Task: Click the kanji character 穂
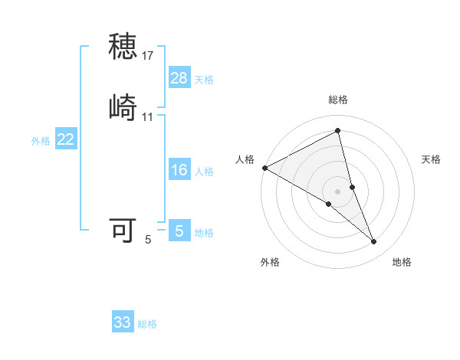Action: coord(123,47)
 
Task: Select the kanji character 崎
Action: coord(123,107)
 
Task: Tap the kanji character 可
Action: coord(123,230)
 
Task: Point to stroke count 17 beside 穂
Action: coord(148,56)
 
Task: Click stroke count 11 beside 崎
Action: coord(148,117)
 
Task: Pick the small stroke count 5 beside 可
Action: coord(148,240)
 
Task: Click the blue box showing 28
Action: coord(179,77)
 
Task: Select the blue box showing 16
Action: coord(179,169)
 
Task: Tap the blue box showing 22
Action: coord(66,139)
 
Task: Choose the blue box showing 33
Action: coord(123,322)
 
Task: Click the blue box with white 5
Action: coord(179,231)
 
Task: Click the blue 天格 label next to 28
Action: coord(204,80)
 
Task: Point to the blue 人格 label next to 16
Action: coord(204,172)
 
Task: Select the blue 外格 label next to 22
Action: coord(41,141)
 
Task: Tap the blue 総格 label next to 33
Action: coord(147,324)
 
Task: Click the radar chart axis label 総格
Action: coord(338,100)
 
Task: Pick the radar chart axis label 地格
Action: coord(402,263)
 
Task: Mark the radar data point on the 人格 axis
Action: coord(264,168)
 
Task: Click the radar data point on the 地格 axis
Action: coord(374,242)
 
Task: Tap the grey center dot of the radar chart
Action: coord(338,191)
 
